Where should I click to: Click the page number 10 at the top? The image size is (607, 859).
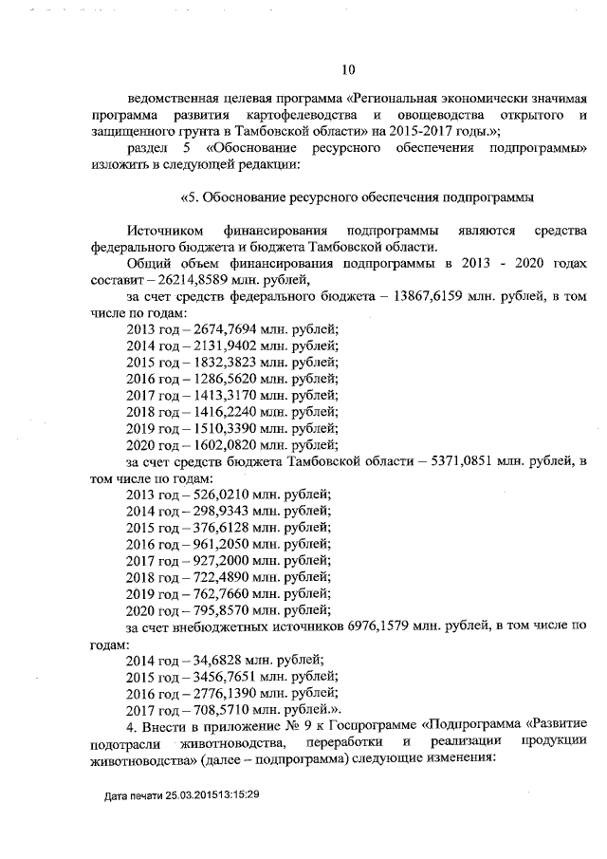[347, 68]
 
